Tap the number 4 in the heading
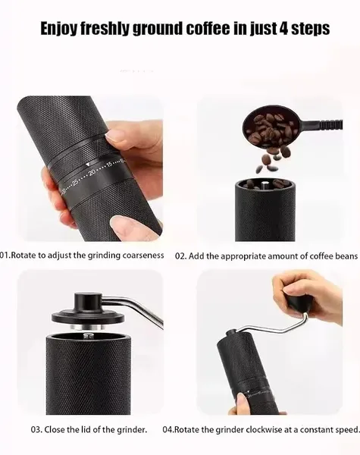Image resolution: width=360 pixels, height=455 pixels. pos(283,28)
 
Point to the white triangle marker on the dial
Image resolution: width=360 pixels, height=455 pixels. pos(88,165)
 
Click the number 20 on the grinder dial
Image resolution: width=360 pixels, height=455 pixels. pos(92,172)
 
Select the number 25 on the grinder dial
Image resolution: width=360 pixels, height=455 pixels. pos(75,182)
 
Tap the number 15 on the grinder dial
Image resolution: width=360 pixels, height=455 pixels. pos(109,165)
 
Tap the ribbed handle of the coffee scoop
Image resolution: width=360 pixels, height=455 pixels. pos(330,124)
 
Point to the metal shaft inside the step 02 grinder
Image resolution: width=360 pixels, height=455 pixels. pos(264,185)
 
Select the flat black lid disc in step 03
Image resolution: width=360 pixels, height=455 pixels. pos(88,317)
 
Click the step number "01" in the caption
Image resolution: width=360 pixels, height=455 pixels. pos(5,256)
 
